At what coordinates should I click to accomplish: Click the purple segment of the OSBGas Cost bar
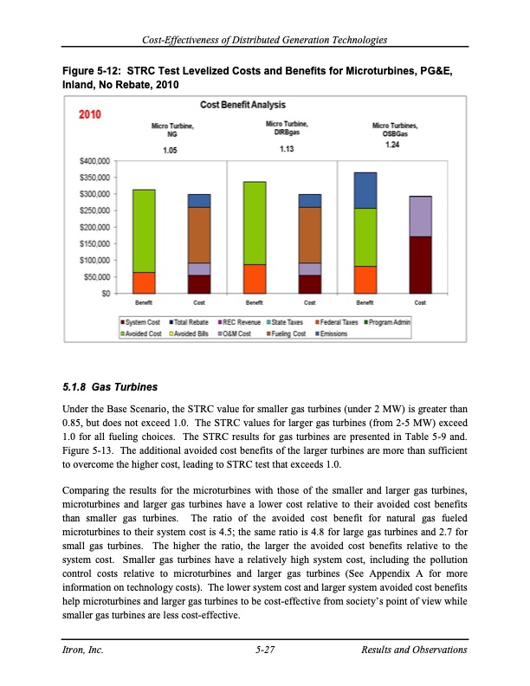click(420, 217)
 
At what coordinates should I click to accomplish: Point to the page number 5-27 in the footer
click(265, 650)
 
